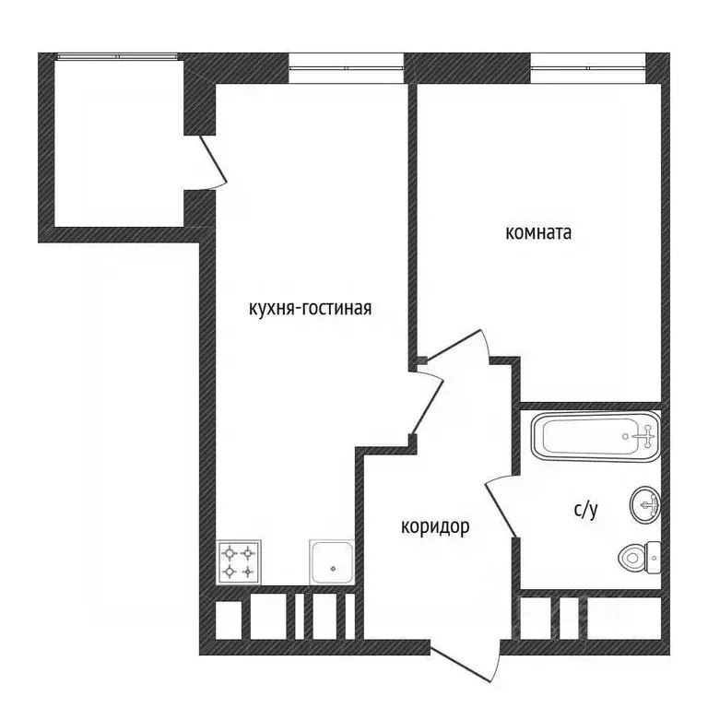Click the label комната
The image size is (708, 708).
click(538, 233)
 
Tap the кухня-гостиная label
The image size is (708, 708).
click(310, 309)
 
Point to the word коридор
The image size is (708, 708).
click(435, 527)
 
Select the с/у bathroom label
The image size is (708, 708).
click(585, 509)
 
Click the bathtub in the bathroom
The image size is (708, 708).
click(596, 436)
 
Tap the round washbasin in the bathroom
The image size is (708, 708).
click(644, 505)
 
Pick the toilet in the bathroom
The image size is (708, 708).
click(640, 558)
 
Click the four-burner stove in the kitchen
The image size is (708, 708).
click(239, 562)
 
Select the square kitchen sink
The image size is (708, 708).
click(332, 562)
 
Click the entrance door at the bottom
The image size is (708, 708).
click(465, 664)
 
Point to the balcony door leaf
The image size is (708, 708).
click(213, 159)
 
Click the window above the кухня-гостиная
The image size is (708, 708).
click(346, 67)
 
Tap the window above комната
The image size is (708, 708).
click(588, 67)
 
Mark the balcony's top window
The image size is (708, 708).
click(117, 57)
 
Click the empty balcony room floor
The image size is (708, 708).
click(119, 143)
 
